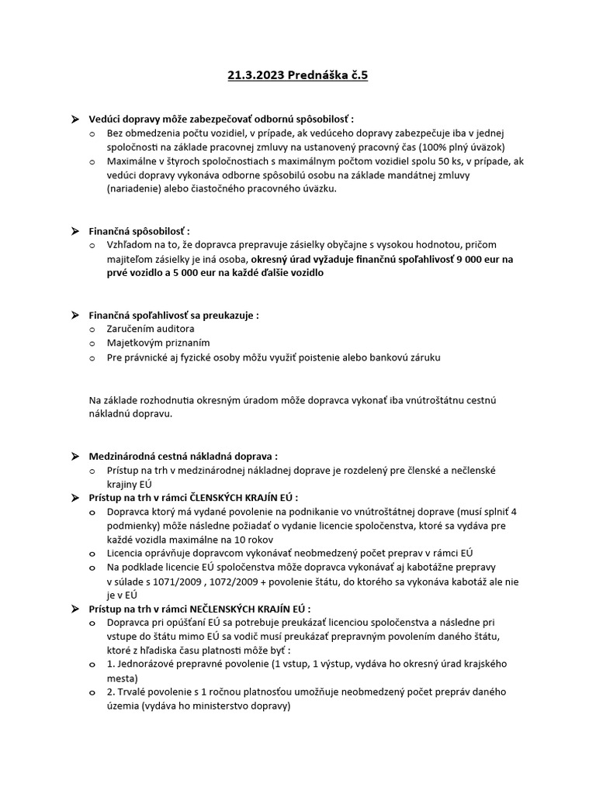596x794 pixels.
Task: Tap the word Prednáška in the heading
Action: [319, 74]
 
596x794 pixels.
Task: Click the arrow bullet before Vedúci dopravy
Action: [74, 119]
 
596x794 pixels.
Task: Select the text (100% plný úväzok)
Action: [461, 147]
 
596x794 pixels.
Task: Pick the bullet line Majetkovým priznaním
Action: [159, 343]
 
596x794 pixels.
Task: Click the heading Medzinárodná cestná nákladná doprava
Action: [183, 456]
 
